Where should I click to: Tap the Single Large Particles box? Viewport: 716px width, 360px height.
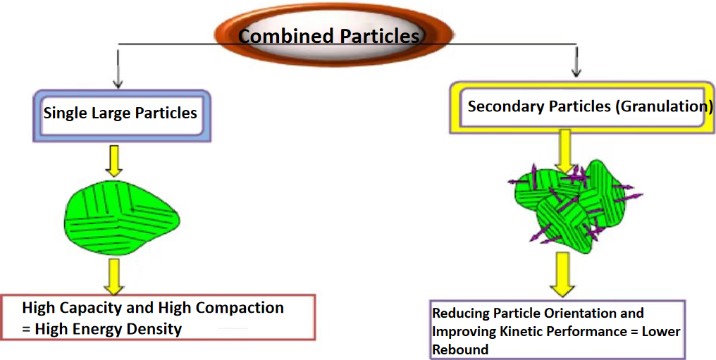(121, 116)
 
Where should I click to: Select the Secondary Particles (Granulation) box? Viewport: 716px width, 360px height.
(582, 108)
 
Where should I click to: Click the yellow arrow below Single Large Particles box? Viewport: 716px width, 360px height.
(113, 161)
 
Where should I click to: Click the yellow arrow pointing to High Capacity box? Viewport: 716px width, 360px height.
(113, 276)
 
